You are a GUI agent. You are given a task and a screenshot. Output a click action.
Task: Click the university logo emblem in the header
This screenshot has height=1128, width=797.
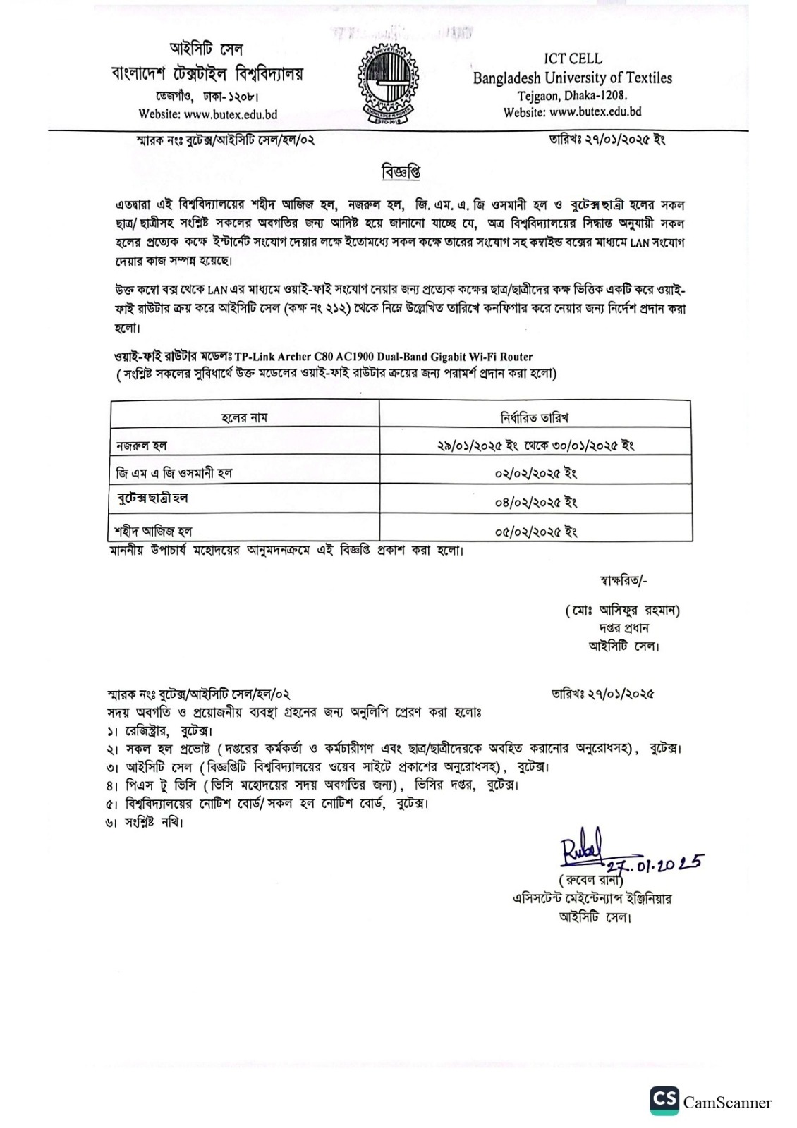[x=389, y=82]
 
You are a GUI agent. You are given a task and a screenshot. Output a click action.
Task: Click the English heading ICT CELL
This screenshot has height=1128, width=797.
[x=573, y=59]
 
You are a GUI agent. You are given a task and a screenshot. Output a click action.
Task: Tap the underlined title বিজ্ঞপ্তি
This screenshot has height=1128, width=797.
[x=401, y=171]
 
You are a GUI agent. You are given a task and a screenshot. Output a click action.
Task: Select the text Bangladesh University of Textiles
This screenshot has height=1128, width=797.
[x=573, y=78]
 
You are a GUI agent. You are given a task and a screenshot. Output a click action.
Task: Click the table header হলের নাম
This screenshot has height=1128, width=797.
[x=244, y=418]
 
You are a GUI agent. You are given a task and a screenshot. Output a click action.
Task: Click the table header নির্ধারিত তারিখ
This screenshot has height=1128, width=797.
[x=535, y=418]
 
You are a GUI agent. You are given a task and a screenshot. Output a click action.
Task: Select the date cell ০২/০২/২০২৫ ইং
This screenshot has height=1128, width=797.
[x=535, y=473]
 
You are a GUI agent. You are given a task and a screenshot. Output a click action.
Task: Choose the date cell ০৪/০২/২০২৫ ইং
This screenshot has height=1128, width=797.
[x=535, y=502]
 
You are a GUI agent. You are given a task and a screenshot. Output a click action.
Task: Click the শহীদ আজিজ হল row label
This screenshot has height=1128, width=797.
[x=153, y=530]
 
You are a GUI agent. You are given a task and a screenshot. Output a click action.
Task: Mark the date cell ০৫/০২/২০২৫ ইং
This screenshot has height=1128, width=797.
[x=535, y=531]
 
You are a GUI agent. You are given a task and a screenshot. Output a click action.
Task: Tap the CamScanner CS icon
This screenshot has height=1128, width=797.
[x=664, y=1101]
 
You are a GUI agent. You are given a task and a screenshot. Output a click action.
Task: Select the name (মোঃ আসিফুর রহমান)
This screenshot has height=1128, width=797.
[x=622, y=611]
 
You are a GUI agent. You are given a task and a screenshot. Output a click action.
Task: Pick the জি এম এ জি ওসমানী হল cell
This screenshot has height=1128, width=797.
[x=174, y=473]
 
